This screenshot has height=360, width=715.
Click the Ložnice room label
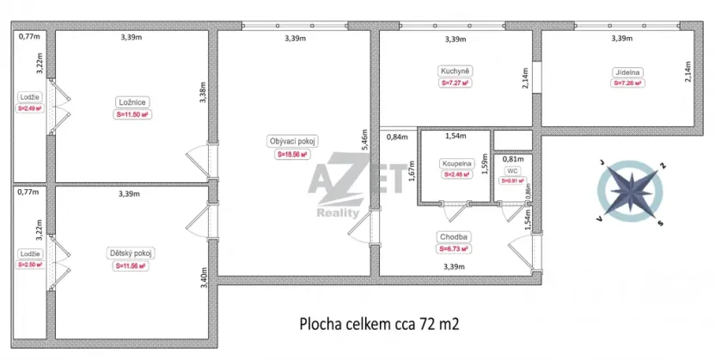(132, 101)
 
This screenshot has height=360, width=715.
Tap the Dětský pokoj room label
(132, 253)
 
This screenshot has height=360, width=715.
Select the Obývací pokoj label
(293, 142)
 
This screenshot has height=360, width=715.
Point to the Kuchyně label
(455, 70)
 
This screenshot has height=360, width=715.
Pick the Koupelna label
(455, 162)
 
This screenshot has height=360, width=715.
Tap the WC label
(512, 170)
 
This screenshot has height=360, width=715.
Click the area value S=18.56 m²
(293, 156)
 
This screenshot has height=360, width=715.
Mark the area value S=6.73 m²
(453, 249)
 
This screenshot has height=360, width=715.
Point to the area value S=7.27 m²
(455, 83)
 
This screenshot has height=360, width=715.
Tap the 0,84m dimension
(397, 137)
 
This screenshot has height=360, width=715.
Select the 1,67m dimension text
(412, 176)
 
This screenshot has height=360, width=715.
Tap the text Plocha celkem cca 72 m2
(379, 324)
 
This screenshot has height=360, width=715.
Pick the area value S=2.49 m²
(31, 109)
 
